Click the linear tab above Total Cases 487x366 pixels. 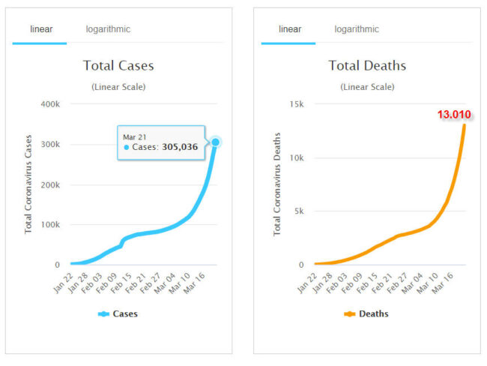pos(40,29)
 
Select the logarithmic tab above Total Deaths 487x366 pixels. pos(357,29)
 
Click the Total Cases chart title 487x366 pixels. pos(118,65)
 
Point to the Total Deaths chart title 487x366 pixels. pos(367,65)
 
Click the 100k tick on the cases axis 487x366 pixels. pos(49,225)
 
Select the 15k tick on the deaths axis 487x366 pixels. pos(294,103)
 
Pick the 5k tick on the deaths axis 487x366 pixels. pos(297,211)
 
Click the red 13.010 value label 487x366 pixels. pos(456,115)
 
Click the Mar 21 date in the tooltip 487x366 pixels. pos(134,136)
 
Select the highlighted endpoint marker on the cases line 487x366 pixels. pos(216,142)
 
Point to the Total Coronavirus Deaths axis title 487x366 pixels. pos(278,184)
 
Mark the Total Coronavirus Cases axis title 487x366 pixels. pos(29,184)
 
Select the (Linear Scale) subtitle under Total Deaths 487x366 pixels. pos(367,87)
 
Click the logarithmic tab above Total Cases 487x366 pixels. pos(108,29)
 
